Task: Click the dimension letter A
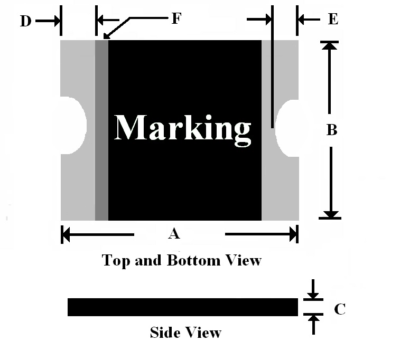174,233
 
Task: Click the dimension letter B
332,130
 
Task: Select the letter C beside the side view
340,309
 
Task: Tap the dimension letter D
26,21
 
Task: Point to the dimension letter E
333,19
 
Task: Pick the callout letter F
176,18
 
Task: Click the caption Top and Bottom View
182,260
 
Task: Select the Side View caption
185,333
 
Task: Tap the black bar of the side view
183,307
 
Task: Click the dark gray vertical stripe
101,130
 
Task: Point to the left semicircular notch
73,125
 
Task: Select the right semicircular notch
287,128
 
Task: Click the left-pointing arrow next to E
309,20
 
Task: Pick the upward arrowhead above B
330,45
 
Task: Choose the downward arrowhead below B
330,214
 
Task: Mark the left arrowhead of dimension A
66,234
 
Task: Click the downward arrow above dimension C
313,289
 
